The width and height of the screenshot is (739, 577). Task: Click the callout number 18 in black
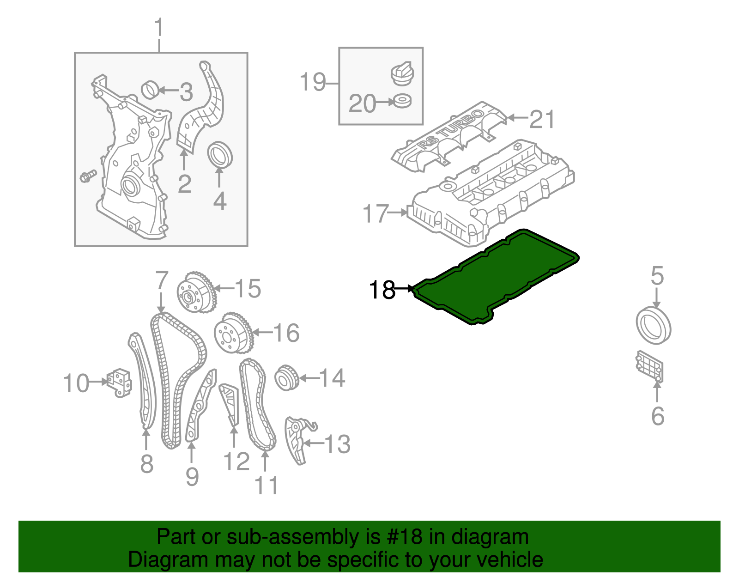[x=382, y=290]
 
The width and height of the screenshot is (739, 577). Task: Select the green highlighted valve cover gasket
[x=494, y=277]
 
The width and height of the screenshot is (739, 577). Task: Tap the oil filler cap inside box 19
[x=402, y=73]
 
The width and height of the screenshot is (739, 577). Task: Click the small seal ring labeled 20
[x=400, y=101]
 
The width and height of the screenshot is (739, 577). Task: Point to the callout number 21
[x=542, y=119]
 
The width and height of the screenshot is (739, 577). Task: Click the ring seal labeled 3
[x=150, y=90]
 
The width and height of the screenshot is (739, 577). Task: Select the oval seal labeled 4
[x=220, y=154]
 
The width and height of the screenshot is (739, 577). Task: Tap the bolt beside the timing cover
[x=87, y=176]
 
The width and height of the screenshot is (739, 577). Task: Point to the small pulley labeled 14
[x=286, y=378]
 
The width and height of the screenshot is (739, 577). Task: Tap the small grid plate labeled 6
[x=649, y=367]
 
